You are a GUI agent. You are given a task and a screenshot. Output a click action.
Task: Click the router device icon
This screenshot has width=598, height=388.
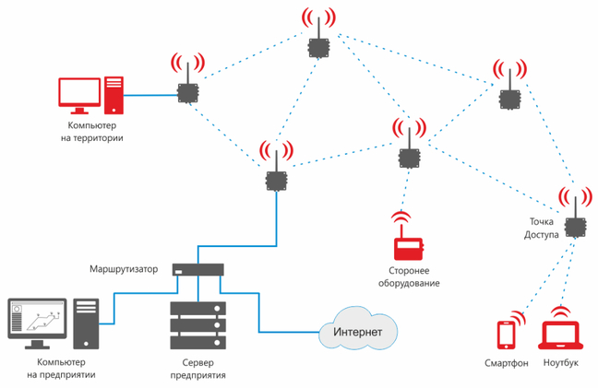click(197, 270)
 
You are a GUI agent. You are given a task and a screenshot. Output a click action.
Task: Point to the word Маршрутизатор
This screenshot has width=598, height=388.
click(124, 269)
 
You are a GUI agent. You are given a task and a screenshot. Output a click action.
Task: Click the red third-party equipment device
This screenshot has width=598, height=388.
click(407, 248)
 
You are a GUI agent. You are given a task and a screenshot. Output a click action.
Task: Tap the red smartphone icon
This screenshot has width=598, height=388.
click(505, 335)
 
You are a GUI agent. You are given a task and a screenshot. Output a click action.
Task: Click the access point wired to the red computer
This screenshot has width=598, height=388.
click(187, 93)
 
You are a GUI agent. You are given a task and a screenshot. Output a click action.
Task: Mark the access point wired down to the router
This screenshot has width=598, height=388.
click(274, 179)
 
